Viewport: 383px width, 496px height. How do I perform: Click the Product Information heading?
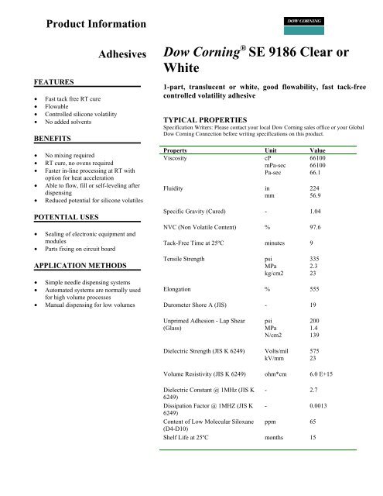96,26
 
